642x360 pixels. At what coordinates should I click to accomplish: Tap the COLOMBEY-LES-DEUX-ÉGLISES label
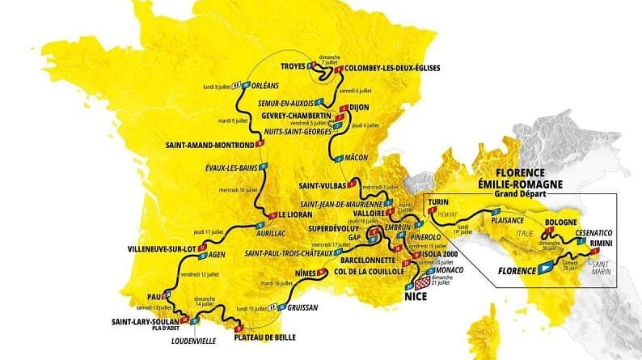392,68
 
